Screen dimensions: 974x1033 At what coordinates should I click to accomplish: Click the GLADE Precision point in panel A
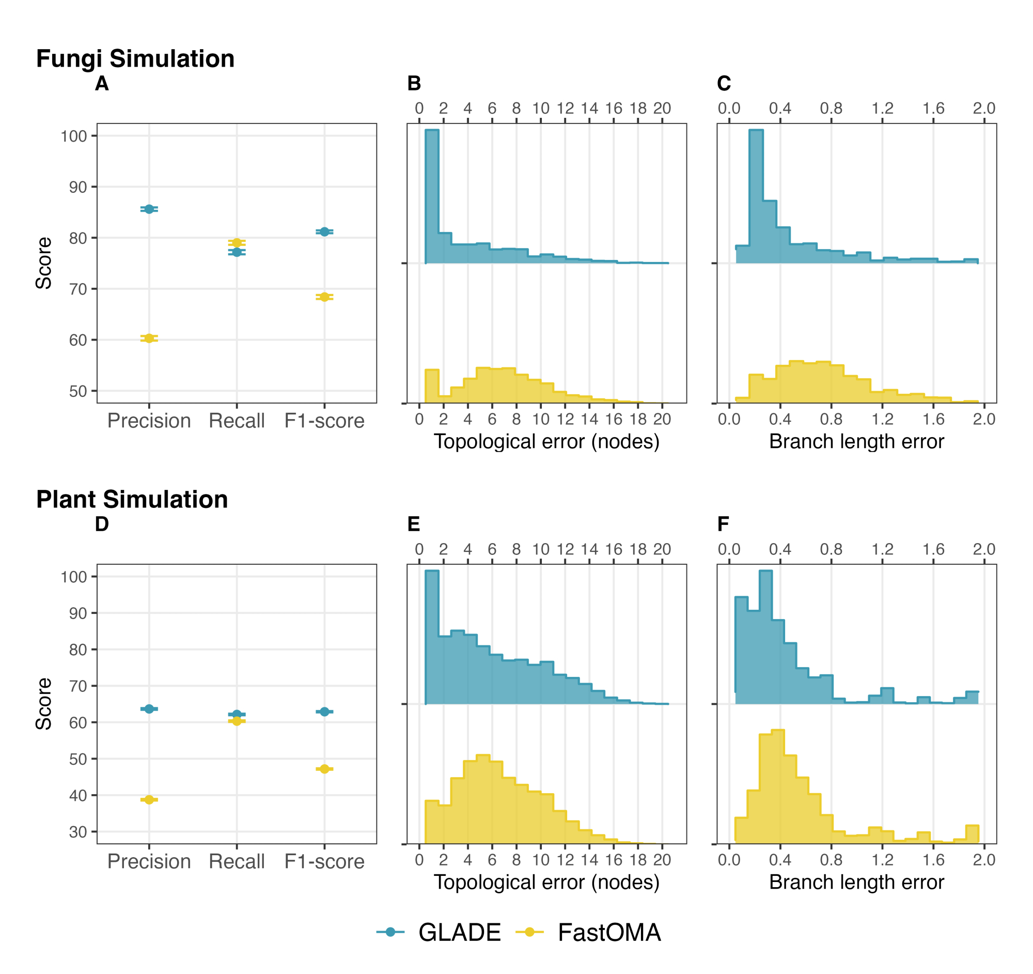[x=149, y=209]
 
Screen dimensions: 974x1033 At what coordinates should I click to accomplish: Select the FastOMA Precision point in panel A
[x=149, y=338]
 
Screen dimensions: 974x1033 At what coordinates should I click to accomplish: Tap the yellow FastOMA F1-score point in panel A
[x=324, y=297]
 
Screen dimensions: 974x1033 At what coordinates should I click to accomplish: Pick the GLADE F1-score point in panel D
[x=324, y=712]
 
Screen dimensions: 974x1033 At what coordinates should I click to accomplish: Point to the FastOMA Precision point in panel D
[x=149, y=799]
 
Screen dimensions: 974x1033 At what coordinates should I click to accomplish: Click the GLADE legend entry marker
[x=390, y=932]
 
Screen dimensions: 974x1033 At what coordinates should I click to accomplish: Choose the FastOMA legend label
[x=609, y=933]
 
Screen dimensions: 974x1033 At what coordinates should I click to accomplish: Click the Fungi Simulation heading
[x=135, y=58]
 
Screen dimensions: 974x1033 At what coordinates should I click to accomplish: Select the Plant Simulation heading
[x=132, y=499]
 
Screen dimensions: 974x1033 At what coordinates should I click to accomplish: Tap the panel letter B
[x=414, y=83]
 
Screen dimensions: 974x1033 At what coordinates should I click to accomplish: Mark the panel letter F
[x=723, y=524]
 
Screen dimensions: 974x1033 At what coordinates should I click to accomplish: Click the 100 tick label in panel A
[x=74, y=136]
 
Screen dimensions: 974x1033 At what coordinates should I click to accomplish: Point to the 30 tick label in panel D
[x=78, y=831]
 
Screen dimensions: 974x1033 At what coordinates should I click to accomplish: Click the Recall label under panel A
[x=237, y=421]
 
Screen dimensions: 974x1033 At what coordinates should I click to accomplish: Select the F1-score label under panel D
[x=324, y=861]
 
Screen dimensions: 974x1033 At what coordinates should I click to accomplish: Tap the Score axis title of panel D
[x=44, y=704]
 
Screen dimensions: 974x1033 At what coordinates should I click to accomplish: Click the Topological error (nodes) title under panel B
[x=546, y=441]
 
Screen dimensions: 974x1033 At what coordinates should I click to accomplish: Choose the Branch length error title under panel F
[x=856, y=882]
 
